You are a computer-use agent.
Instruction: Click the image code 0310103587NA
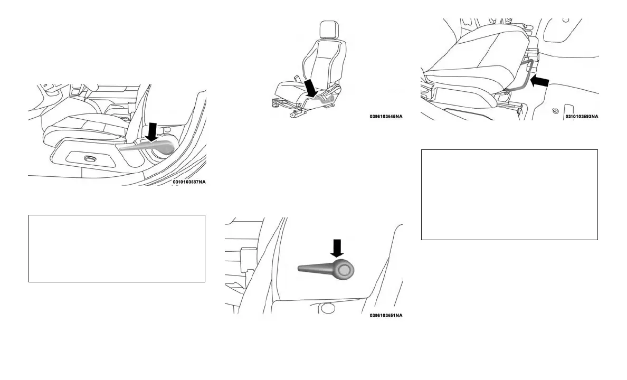point(189,182)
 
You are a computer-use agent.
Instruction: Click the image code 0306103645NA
point(386,117)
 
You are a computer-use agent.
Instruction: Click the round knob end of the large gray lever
point(344,270)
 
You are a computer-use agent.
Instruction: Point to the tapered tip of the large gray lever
point(302,269)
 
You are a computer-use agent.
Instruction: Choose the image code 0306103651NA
point(386,316)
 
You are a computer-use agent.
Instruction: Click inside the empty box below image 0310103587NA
point(117,248)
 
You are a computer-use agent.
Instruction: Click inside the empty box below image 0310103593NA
point(509,194)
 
